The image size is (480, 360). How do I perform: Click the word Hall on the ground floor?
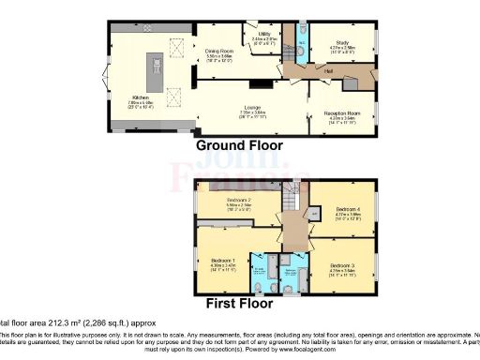tap(329, 70)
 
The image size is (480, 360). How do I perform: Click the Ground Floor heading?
tap(238, 146)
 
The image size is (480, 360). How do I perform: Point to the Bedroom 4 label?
tap(347, 211)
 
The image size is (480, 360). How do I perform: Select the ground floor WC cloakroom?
tap(297, 37)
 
